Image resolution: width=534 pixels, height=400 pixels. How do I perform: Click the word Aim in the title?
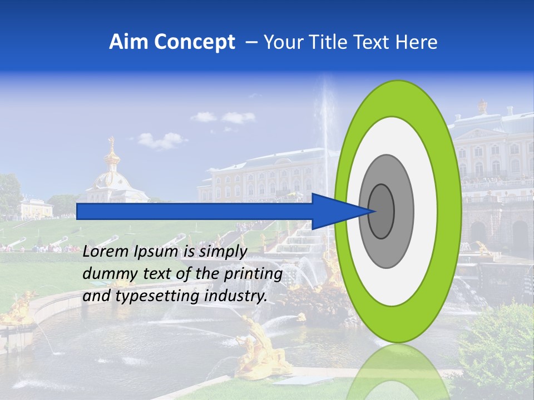point(127,42)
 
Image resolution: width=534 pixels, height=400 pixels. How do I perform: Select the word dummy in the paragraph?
point(107,274)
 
